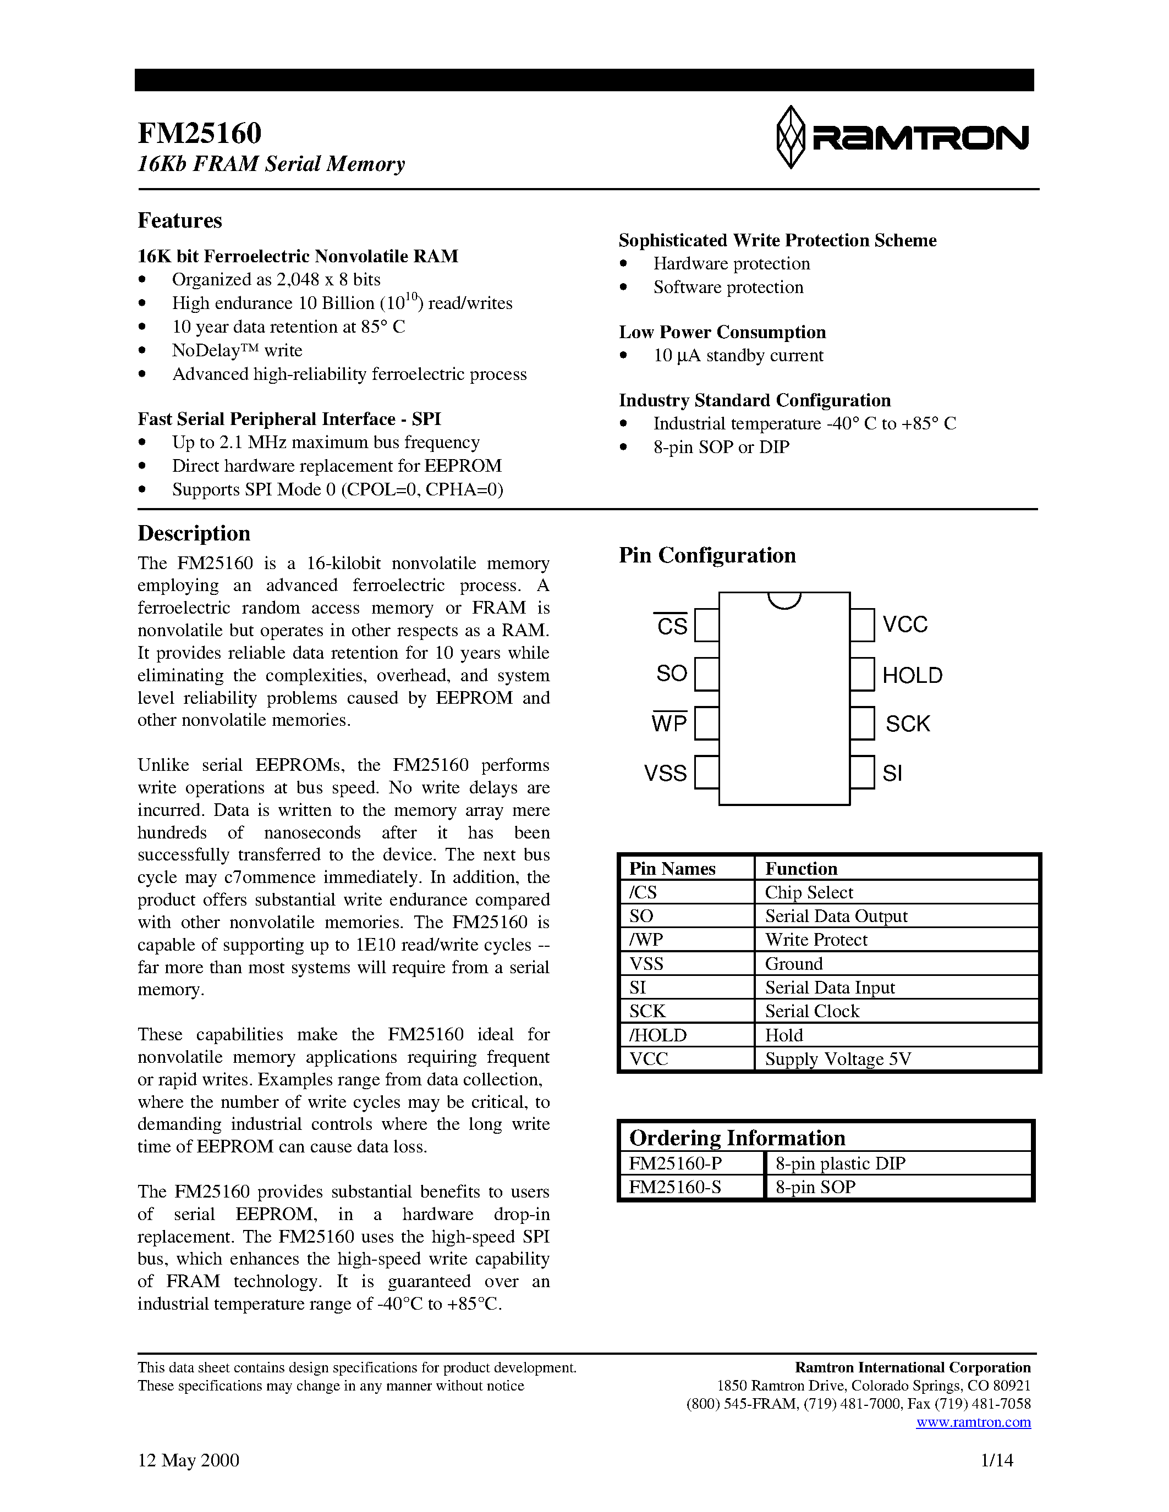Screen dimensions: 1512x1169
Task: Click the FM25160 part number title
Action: click(x=200, y=132)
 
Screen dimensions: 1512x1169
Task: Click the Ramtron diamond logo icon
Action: click(x=790, y=137)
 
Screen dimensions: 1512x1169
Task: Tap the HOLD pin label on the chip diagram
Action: click(x=912, y=675)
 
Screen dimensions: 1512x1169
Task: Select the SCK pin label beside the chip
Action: click(x=907, y=724)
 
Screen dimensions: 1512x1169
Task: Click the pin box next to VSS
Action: click(x=706, y=772)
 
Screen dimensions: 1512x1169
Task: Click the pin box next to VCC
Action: click(x=862, y=625)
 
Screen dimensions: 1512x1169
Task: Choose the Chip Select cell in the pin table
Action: click(x=809, y=892)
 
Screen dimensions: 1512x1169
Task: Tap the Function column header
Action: click(x=800, y=868)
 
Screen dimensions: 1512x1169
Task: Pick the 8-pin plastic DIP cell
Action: click(x=840, y=1163)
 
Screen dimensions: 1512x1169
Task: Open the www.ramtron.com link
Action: click(x=973, y=1422)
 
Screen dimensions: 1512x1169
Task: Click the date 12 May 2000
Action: click(x=188, y=1460)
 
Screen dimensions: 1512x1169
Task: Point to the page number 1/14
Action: click(x=997, y=1460)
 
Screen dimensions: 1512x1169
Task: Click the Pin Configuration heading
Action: click(x=707, y=555)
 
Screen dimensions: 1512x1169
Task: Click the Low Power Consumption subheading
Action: click(x=722, y=332)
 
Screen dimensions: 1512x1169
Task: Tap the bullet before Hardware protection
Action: click(x=623, y=264)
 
